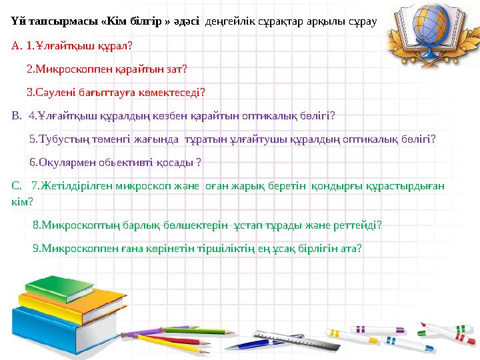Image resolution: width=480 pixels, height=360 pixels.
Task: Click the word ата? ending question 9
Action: [351, 247]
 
